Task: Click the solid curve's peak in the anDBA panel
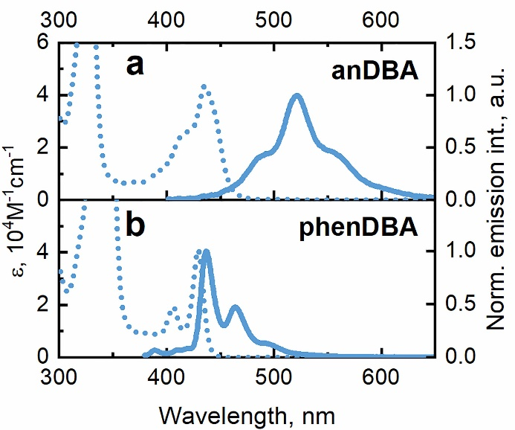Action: [297, 95]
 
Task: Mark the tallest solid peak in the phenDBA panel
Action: [206, 251]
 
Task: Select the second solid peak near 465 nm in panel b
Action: [236, 307]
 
